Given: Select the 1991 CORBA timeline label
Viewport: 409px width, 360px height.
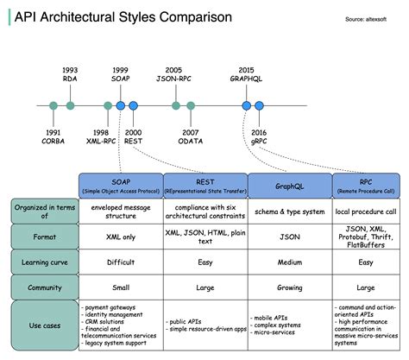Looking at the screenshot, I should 53,136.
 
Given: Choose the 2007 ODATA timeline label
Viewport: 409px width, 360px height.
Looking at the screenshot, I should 192,136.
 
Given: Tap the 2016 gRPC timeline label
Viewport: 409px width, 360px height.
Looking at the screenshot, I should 259,136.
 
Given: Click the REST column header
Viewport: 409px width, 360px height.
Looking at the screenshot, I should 205,185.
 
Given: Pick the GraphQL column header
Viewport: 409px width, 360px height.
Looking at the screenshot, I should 290,185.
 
